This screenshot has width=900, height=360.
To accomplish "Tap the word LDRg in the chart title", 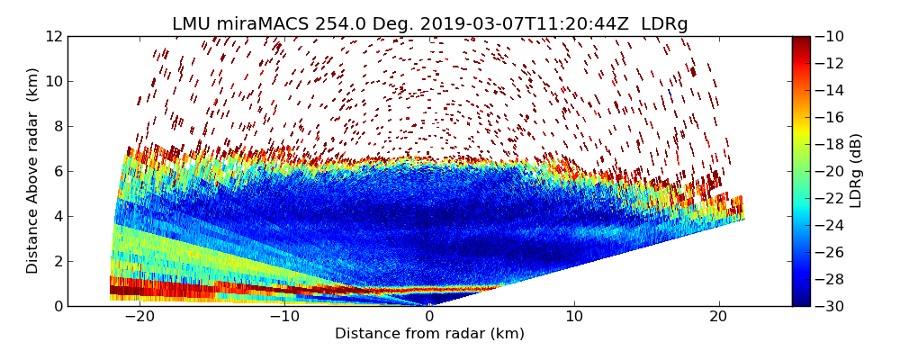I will point(664,24).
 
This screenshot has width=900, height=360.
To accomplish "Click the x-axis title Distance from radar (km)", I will point(429,334).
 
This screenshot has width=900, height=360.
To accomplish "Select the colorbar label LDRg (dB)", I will point(856,171).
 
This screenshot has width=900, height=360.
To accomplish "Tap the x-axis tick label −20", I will point(139,317).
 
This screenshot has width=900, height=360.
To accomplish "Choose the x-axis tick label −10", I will point(283,317).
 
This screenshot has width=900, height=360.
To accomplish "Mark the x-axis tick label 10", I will point(574,317).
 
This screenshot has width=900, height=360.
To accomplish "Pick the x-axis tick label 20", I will point(718,317).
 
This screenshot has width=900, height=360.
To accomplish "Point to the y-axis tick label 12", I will point(53,37).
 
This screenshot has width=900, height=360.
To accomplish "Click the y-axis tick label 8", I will point(57,126).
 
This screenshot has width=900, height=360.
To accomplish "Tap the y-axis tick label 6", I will point(57,171).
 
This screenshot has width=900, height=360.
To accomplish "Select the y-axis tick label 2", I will point(57,261).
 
